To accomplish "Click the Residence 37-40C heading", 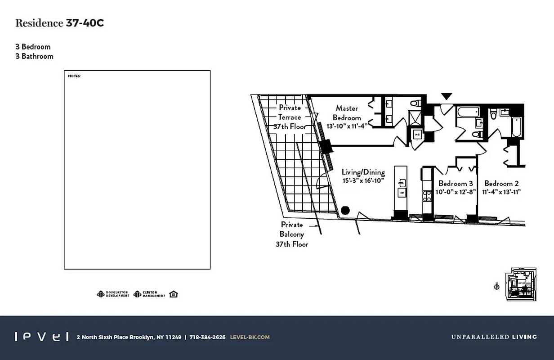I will coord(59,23).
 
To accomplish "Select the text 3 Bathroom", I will coord(34,56).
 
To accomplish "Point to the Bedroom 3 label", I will coord(456,184).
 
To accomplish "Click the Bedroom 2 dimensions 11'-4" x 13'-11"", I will coord(501,192).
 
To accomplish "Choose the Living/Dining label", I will coord(363,172).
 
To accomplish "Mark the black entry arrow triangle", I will coord(446,96).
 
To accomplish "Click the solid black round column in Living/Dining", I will coord(345,210).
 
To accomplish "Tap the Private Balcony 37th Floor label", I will coord(292,234).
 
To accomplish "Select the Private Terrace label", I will coord(290,112).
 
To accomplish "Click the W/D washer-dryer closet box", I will coord(417,134).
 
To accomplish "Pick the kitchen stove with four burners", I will coord(426,194).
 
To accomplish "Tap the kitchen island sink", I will coord(402,183).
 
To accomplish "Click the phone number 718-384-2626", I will coord(207,337).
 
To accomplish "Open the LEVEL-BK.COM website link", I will coord(250,337).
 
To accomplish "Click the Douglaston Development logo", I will coord(113,294).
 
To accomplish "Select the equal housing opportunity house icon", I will coord(174,294).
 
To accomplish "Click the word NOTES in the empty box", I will coord(74,76).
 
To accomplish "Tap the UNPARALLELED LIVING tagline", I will coord(494,337).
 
